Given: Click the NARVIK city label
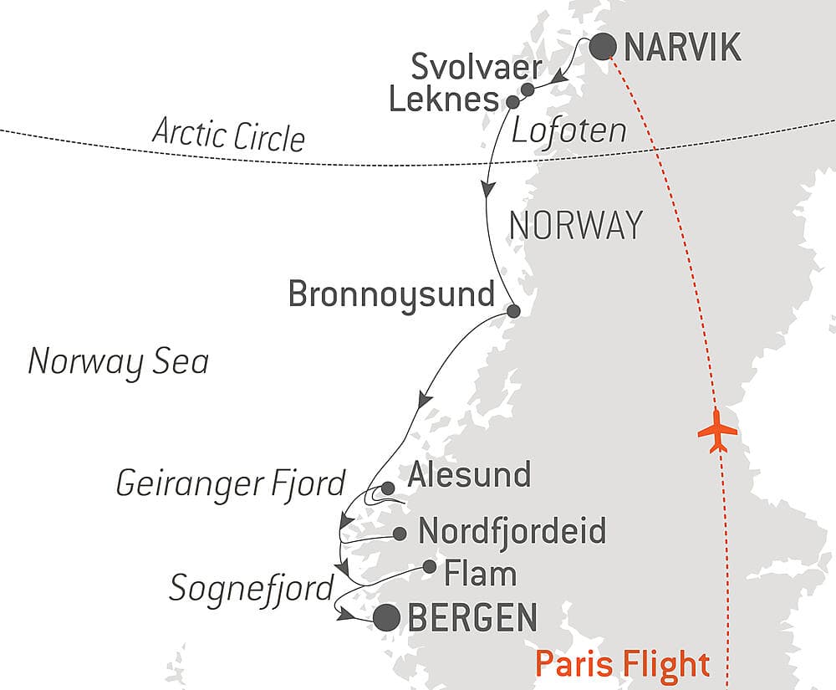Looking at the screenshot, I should click(x=682, y=48).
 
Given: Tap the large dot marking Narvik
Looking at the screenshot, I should click(x=604, y=47).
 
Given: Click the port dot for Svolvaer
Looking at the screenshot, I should click(x=528, y=89).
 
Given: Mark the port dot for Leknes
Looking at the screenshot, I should click(x=513, y=102).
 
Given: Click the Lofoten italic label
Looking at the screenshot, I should click(x=568, y=130).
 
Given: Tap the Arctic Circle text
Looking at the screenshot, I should click(x=228, y=135).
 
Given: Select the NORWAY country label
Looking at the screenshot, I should click(x=576, y=226).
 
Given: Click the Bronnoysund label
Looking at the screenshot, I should click(x=391, y=294).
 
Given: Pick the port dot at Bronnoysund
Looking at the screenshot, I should click(x=514, y=311).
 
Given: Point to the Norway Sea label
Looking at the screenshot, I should click(x=118, y=362).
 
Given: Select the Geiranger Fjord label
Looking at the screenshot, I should click(x=230, y=483).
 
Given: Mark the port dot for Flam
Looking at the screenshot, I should click(x=429, y=566).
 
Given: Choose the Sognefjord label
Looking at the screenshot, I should click(x=252, y=588).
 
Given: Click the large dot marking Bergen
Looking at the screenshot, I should click(x=385, y=618).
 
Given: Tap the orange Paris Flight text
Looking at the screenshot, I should click(x=622, y=664).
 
